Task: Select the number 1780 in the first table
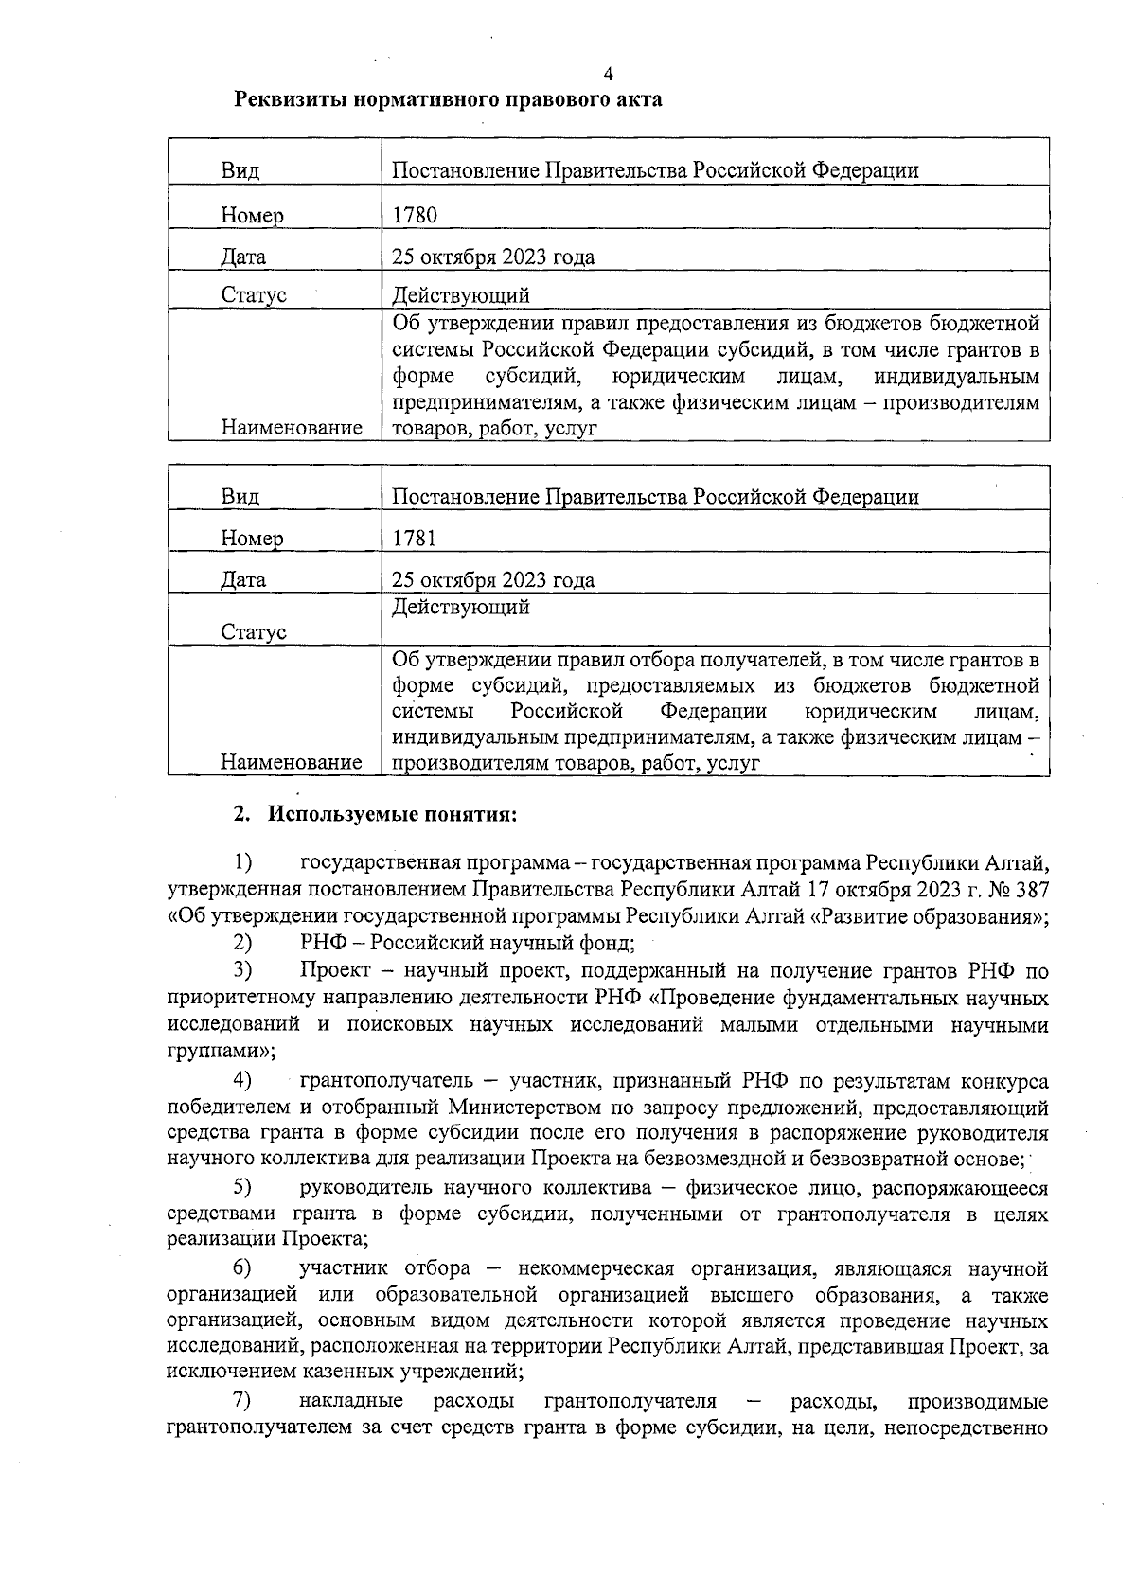[x=415, y=215]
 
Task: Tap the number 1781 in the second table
[x=415, y=539]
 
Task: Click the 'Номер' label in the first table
[x=252, y=216]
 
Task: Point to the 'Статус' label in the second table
[x=253, y=632]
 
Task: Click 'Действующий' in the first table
[x=460, y=295]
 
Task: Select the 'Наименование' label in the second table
[x=292, y=762]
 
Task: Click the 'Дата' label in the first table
[x=243, y=257]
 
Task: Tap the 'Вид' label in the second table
[x=240, y=497]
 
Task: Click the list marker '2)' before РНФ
[x=243, y=943]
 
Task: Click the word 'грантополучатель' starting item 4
[x=397, y=1080]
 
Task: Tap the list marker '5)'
[x=243, y=1187]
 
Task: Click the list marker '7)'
[x=243, y=1400]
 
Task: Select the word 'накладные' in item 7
[x=350, y=1400]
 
